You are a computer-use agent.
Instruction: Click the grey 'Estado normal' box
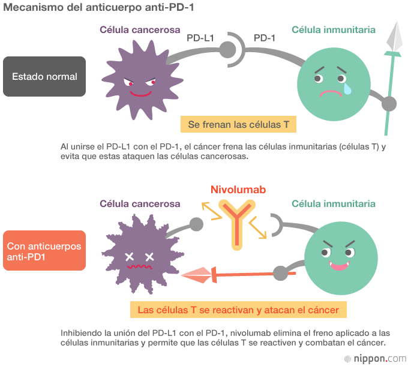point(44,77)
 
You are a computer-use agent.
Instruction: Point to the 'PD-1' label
point(265,38)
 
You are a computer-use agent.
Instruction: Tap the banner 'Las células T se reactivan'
point(238,310)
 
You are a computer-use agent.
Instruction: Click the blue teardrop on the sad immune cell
point(347,89)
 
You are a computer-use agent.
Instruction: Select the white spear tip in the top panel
point(394,37)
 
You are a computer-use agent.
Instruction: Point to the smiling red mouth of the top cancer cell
point(141,94)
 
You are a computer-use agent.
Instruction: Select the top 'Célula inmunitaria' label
point(334,30)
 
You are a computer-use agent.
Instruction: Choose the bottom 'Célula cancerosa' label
point(140,204)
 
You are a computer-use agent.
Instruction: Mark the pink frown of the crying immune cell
point(330,93)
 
